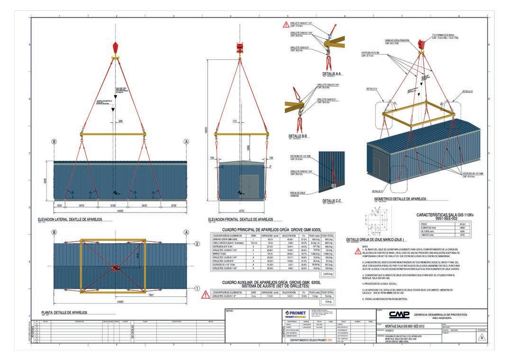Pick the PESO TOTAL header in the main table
tap(328, 235)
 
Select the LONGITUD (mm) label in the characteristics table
tap(430, 227)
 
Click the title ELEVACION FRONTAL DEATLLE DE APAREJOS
tap(240, 220)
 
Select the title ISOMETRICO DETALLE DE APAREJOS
tap(400, 198)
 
